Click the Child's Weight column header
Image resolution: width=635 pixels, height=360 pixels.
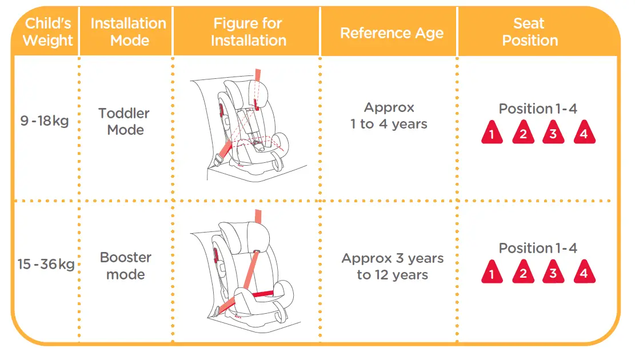point(48,33)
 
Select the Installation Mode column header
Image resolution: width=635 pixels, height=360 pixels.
point(128,33)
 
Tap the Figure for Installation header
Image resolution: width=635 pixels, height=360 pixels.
point(248,33)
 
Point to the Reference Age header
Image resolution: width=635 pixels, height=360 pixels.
point(392,33)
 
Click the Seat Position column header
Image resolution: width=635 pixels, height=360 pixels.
point(529,33)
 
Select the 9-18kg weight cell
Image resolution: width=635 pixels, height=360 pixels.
point(45,121)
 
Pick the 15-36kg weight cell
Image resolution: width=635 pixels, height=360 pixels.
point(46,265)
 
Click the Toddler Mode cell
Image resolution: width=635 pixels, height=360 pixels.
point(125,122)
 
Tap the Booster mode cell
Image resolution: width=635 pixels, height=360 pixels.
point(125,266)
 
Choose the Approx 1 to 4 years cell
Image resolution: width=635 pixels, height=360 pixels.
point(389,116)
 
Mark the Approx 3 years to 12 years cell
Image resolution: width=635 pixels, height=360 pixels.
point(392,266)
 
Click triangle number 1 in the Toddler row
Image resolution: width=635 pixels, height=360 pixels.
point(492,134)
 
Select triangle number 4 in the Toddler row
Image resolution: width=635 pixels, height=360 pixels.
point(584,134)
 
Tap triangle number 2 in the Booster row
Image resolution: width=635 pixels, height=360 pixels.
point(522,273)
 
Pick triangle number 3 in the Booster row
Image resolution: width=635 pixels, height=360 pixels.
point(553,273)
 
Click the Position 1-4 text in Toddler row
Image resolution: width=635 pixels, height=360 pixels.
point(537,109)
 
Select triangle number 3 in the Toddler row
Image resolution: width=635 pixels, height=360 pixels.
point(553,134)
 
